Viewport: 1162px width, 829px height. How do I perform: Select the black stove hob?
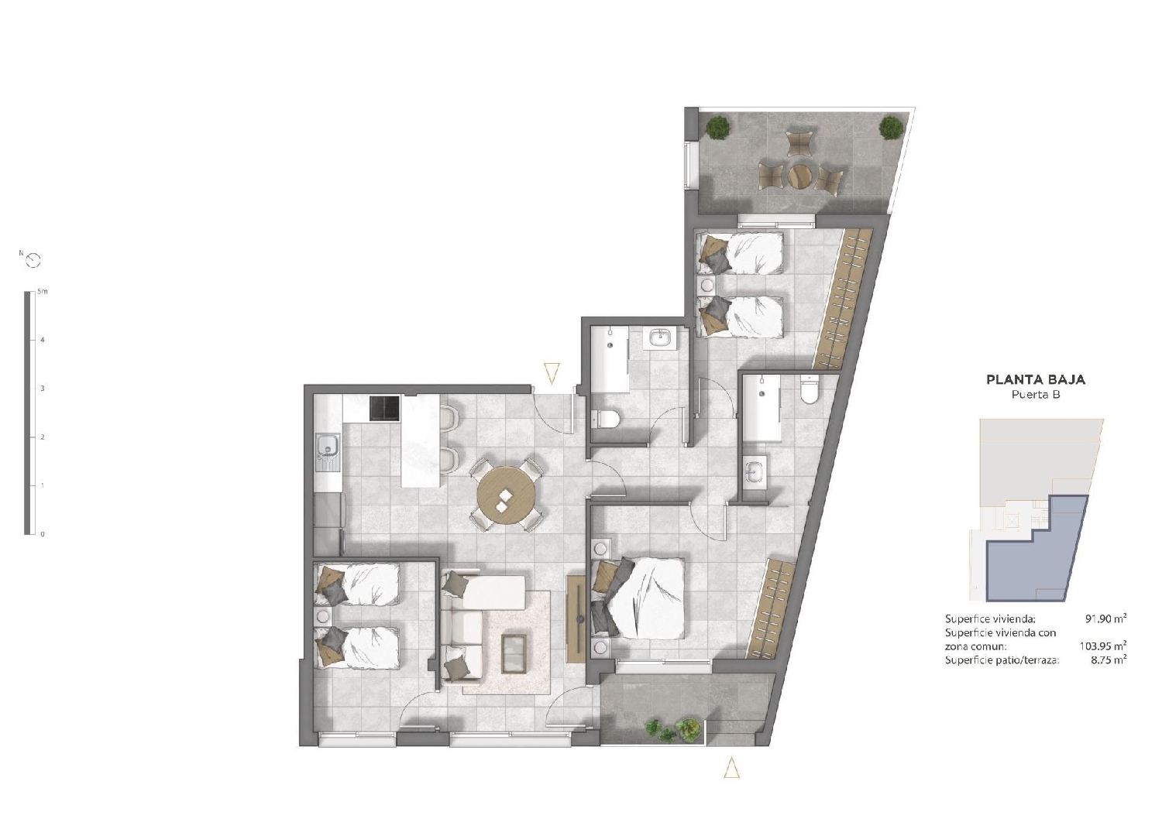pos(384,409)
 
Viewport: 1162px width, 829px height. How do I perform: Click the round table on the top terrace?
pos(799,176)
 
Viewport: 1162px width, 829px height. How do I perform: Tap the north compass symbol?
pos(33,261)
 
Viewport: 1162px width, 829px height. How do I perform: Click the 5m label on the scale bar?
pos(43,292)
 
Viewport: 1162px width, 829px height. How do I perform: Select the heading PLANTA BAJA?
pos(1035,380)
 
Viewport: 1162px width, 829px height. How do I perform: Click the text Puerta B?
pos(1035,395)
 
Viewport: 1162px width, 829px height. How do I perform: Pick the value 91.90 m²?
pos(1105,618)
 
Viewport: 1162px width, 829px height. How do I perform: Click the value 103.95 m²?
pos(1102,646)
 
